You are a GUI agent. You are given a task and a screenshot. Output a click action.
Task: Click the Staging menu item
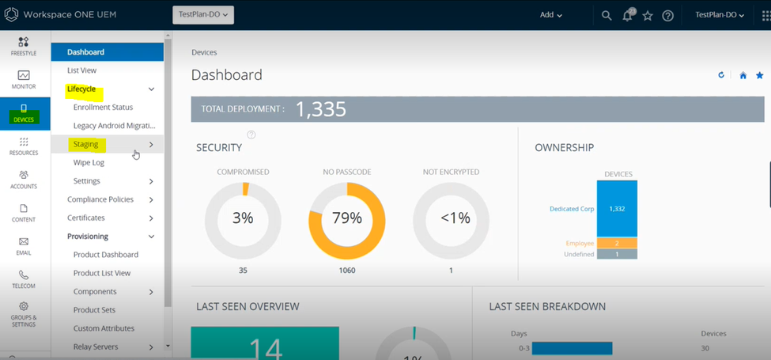86,144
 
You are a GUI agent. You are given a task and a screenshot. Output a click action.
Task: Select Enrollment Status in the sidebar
103,107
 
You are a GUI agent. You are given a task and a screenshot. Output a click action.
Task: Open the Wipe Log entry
89,162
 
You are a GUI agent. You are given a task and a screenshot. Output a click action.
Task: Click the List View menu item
81,70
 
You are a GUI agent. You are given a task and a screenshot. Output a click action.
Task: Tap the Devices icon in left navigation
24,113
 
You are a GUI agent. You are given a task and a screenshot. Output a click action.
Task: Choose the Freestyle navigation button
24,46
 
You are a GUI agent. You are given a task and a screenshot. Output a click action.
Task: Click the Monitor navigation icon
24,79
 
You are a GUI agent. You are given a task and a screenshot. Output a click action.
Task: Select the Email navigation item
24,246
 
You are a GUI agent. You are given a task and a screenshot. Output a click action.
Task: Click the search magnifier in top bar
607,15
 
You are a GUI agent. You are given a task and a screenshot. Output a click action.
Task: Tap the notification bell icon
628,15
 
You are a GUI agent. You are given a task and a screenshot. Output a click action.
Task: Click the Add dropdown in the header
550,15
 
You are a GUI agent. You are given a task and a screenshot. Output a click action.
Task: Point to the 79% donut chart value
346,218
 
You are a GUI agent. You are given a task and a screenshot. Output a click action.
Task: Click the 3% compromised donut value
243,218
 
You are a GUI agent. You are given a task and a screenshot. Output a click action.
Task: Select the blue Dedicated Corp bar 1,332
617,209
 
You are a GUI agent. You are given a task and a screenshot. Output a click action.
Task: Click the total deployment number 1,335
321,109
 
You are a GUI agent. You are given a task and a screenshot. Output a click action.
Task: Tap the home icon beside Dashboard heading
743,76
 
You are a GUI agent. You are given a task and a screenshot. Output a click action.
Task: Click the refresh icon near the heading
721,76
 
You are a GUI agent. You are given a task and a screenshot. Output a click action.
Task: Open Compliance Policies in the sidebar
100,199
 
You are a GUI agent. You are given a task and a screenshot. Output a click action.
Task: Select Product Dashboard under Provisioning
105,255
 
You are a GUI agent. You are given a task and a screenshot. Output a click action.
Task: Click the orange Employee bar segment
617,243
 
